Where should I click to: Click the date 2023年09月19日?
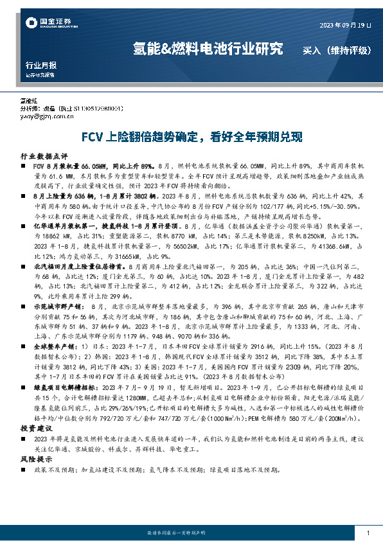pos(344,25)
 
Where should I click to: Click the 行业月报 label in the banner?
pos(40,66)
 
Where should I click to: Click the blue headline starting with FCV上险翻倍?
pos(191,137)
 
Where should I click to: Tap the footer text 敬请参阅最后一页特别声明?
pos(190,533)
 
